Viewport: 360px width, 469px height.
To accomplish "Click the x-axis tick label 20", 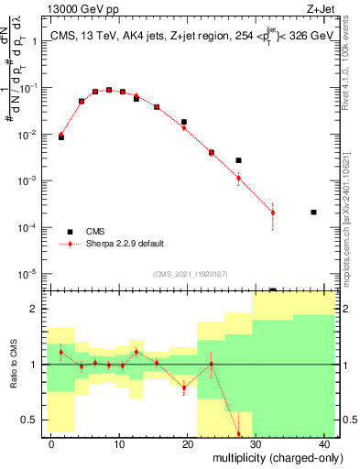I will click(187, 444).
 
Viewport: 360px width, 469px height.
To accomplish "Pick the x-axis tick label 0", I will click(51, 444).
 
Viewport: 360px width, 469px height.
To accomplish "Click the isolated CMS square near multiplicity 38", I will click(313, 213).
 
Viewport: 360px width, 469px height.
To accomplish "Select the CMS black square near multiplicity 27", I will click(238, 160).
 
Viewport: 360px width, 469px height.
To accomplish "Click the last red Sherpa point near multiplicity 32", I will click(272, 213).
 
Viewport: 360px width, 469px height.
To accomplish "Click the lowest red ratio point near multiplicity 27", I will click(238, 435).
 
